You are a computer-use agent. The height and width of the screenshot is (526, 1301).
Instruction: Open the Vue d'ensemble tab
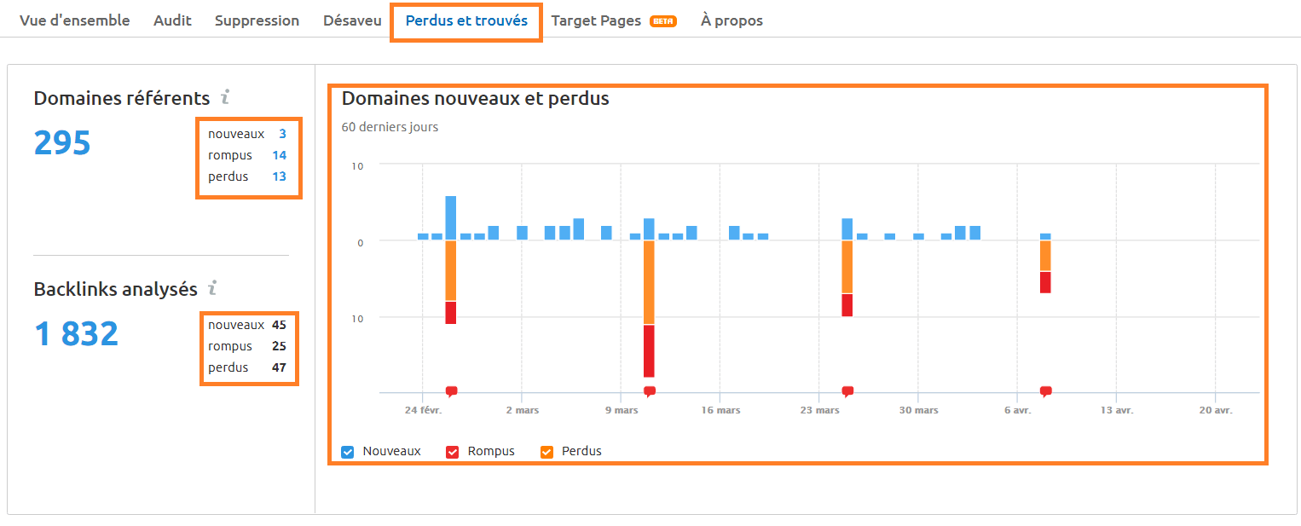coord(75,20)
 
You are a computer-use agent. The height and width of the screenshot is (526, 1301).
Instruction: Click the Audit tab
coord(172,20)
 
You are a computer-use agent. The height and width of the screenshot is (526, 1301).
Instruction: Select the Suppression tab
coord(257,20)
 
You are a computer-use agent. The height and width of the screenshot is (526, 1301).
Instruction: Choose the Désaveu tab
coord(352,20)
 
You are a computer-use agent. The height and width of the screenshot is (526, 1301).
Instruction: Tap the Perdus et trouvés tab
coord(466,20)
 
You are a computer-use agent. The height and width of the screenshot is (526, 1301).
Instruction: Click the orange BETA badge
coord(662,21)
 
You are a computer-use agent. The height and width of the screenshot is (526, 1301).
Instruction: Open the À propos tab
coord(731,20)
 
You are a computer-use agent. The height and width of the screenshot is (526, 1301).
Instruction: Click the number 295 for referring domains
coord(62,143)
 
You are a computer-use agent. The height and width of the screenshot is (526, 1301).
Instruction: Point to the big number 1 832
coord(76,334)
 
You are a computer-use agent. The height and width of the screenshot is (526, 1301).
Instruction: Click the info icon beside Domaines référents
coord(225,97)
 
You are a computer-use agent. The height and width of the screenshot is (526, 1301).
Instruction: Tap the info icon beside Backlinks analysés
coord(212,288)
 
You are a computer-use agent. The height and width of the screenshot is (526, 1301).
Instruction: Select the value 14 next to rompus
coord(280,155)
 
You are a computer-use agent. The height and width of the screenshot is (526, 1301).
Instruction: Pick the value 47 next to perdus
coord(279,367)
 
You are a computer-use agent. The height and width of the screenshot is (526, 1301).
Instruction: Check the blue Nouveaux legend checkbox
coord(347,452)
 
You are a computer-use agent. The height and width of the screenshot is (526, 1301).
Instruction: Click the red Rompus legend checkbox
coord(453,452)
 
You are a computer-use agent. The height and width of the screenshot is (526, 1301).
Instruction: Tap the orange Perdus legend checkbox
coord(546,452)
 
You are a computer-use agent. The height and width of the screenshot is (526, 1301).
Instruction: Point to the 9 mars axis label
coord(622,410)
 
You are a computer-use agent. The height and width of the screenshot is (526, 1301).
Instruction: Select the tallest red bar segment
coord(649,350)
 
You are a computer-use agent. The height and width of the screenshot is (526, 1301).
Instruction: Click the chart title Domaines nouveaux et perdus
coord(475,98)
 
